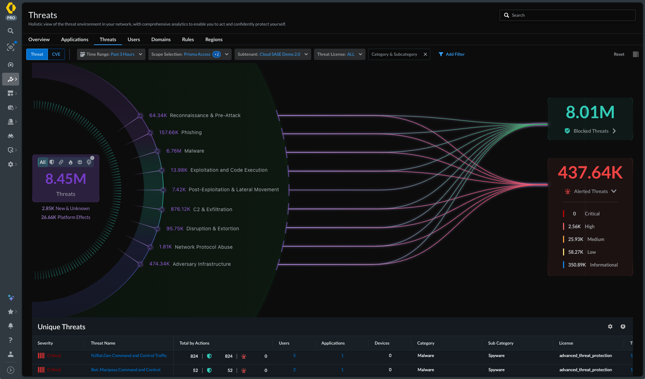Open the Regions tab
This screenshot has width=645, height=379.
(214, 39)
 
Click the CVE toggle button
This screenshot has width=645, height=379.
(56, 54)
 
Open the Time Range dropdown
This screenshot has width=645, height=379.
(111, 54)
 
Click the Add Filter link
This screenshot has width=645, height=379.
(452, 54)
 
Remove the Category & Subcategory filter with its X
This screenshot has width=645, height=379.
(425, 54)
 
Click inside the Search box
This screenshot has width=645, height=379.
(567, 15)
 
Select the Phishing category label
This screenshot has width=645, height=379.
(191, 132)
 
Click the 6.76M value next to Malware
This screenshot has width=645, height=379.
(174, 151)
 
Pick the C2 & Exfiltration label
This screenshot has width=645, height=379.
(213, 209)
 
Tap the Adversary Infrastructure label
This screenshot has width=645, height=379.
(202, 264)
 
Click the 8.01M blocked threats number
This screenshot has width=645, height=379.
(590, 112)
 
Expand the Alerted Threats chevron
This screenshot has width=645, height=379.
(614, 191)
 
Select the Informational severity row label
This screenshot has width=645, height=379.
(604, 265)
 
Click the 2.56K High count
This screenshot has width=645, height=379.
(574, 226)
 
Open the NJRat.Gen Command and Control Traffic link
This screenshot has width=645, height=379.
(129, 356)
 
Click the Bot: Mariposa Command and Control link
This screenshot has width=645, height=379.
(126, 370)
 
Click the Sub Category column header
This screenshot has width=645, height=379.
(501, 343)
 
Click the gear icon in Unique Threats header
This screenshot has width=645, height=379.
(610, 326)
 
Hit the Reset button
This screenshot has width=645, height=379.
(619, 54)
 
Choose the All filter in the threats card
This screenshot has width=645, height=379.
(43, 162)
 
